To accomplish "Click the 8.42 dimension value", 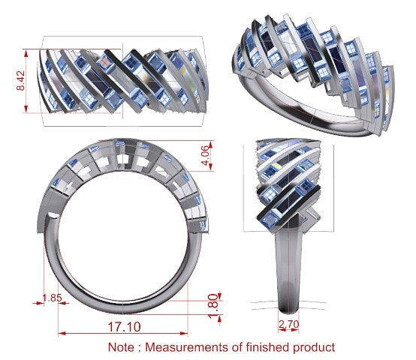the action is click(x=21, y=80).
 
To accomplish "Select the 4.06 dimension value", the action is click(x=206, y=155).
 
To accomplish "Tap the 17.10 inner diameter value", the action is click(x=124, y=326).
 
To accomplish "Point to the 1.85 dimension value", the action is click(x=53, y=298).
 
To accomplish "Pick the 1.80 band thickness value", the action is click(x=213, y=306).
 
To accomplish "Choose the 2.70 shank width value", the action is click(x=289, y=324).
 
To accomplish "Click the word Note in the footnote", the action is click(x=121, y=347).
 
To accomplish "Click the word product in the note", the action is click(x=314, y=347).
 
